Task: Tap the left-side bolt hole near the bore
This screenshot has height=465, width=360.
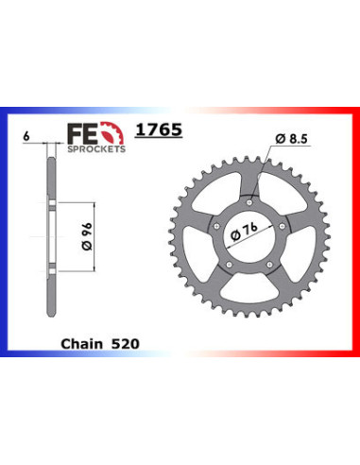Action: pos(216,224)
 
